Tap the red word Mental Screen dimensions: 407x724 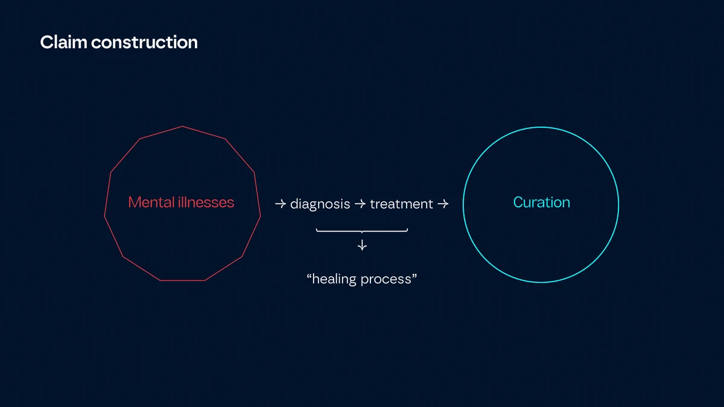[150, 203]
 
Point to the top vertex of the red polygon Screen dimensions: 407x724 [182, 127]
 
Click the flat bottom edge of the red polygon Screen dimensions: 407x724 [182, 280]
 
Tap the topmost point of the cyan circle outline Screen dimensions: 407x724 [541, 127]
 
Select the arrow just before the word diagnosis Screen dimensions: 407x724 [280, 204]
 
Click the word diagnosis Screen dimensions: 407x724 [320, 204]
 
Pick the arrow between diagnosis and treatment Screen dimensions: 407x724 [360, 204]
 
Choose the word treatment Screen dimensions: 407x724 [401, 204]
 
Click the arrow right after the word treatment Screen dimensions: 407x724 [442, 204]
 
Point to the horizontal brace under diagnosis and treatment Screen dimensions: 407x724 [362, 230]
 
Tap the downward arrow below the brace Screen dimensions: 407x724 [362, 245]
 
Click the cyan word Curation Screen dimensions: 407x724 [541, 203]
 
